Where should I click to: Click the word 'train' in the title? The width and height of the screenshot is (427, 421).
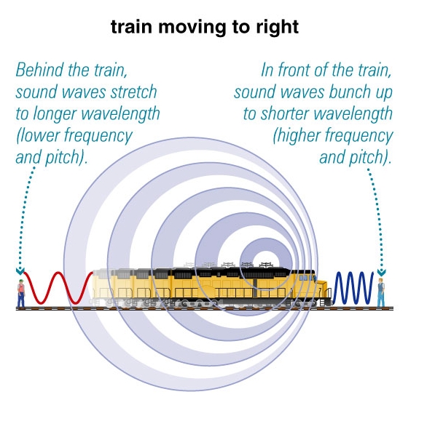tap(131, 27)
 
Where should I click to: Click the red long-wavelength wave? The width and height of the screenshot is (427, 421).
tap(58, 288)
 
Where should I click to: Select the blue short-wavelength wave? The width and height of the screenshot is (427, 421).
tap(353, 288)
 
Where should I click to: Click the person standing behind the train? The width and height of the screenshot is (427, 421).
tap(20, 293)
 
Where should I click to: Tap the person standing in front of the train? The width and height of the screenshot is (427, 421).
tap(381, 292)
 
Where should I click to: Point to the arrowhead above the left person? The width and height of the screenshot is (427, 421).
tap(20, 270)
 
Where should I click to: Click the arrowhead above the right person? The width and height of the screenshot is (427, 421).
tap(381, 272)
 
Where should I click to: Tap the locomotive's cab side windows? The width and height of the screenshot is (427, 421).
tap(305, 278)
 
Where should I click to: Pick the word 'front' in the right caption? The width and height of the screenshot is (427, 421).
tap(294, 70)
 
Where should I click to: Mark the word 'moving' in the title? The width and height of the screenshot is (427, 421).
tap(192, 28)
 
